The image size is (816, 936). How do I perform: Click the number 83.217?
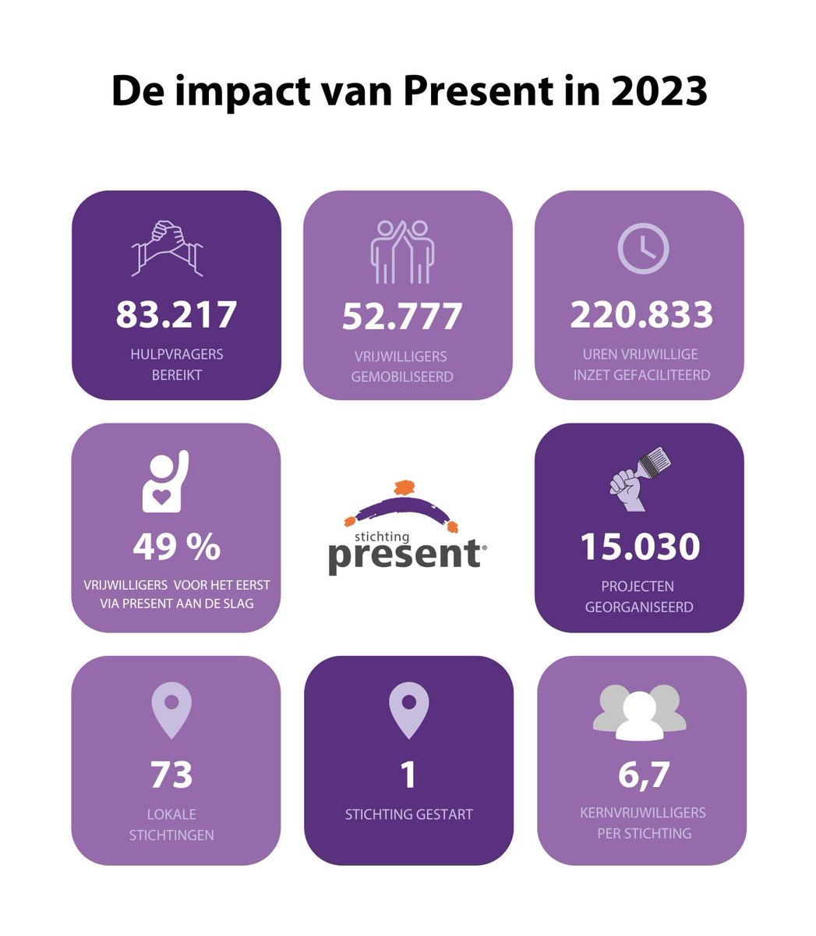pyautogui.click(x=176, y=314)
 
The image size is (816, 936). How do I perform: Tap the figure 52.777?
pyautogui.click(x=402, y=316)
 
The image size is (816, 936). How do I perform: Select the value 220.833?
pyautogui.click(x=641, y=314)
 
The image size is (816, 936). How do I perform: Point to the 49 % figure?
pyautogui.click(x=176, y=547)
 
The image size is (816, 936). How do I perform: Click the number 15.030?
pyautogui.click(x=640, y=547)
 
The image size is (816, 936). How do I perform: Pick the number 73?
pyautogui.click(x=171, y=775)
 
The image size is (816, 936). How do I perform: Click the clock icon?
pyautogui.click(x=643, y=248)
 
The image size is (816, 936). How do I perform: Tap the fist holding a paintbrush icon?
pyautogui.click(x=640, y=479)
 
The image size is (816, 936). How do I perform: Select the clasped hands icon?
pyautogui.click(x=168, y=247)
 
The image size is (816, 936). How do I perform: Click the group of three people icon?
pyautogui.click(x=640, y=712)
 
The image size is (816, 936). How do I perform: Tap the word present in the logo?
pyautogui.click(x=404, y=555)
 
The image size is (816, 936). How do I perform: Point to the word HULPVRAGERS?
pyautogui.click(x=177, y=354)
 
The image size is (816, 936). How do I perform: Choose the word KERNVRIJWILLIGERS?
pyautogui.click(x=643, y=813)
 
